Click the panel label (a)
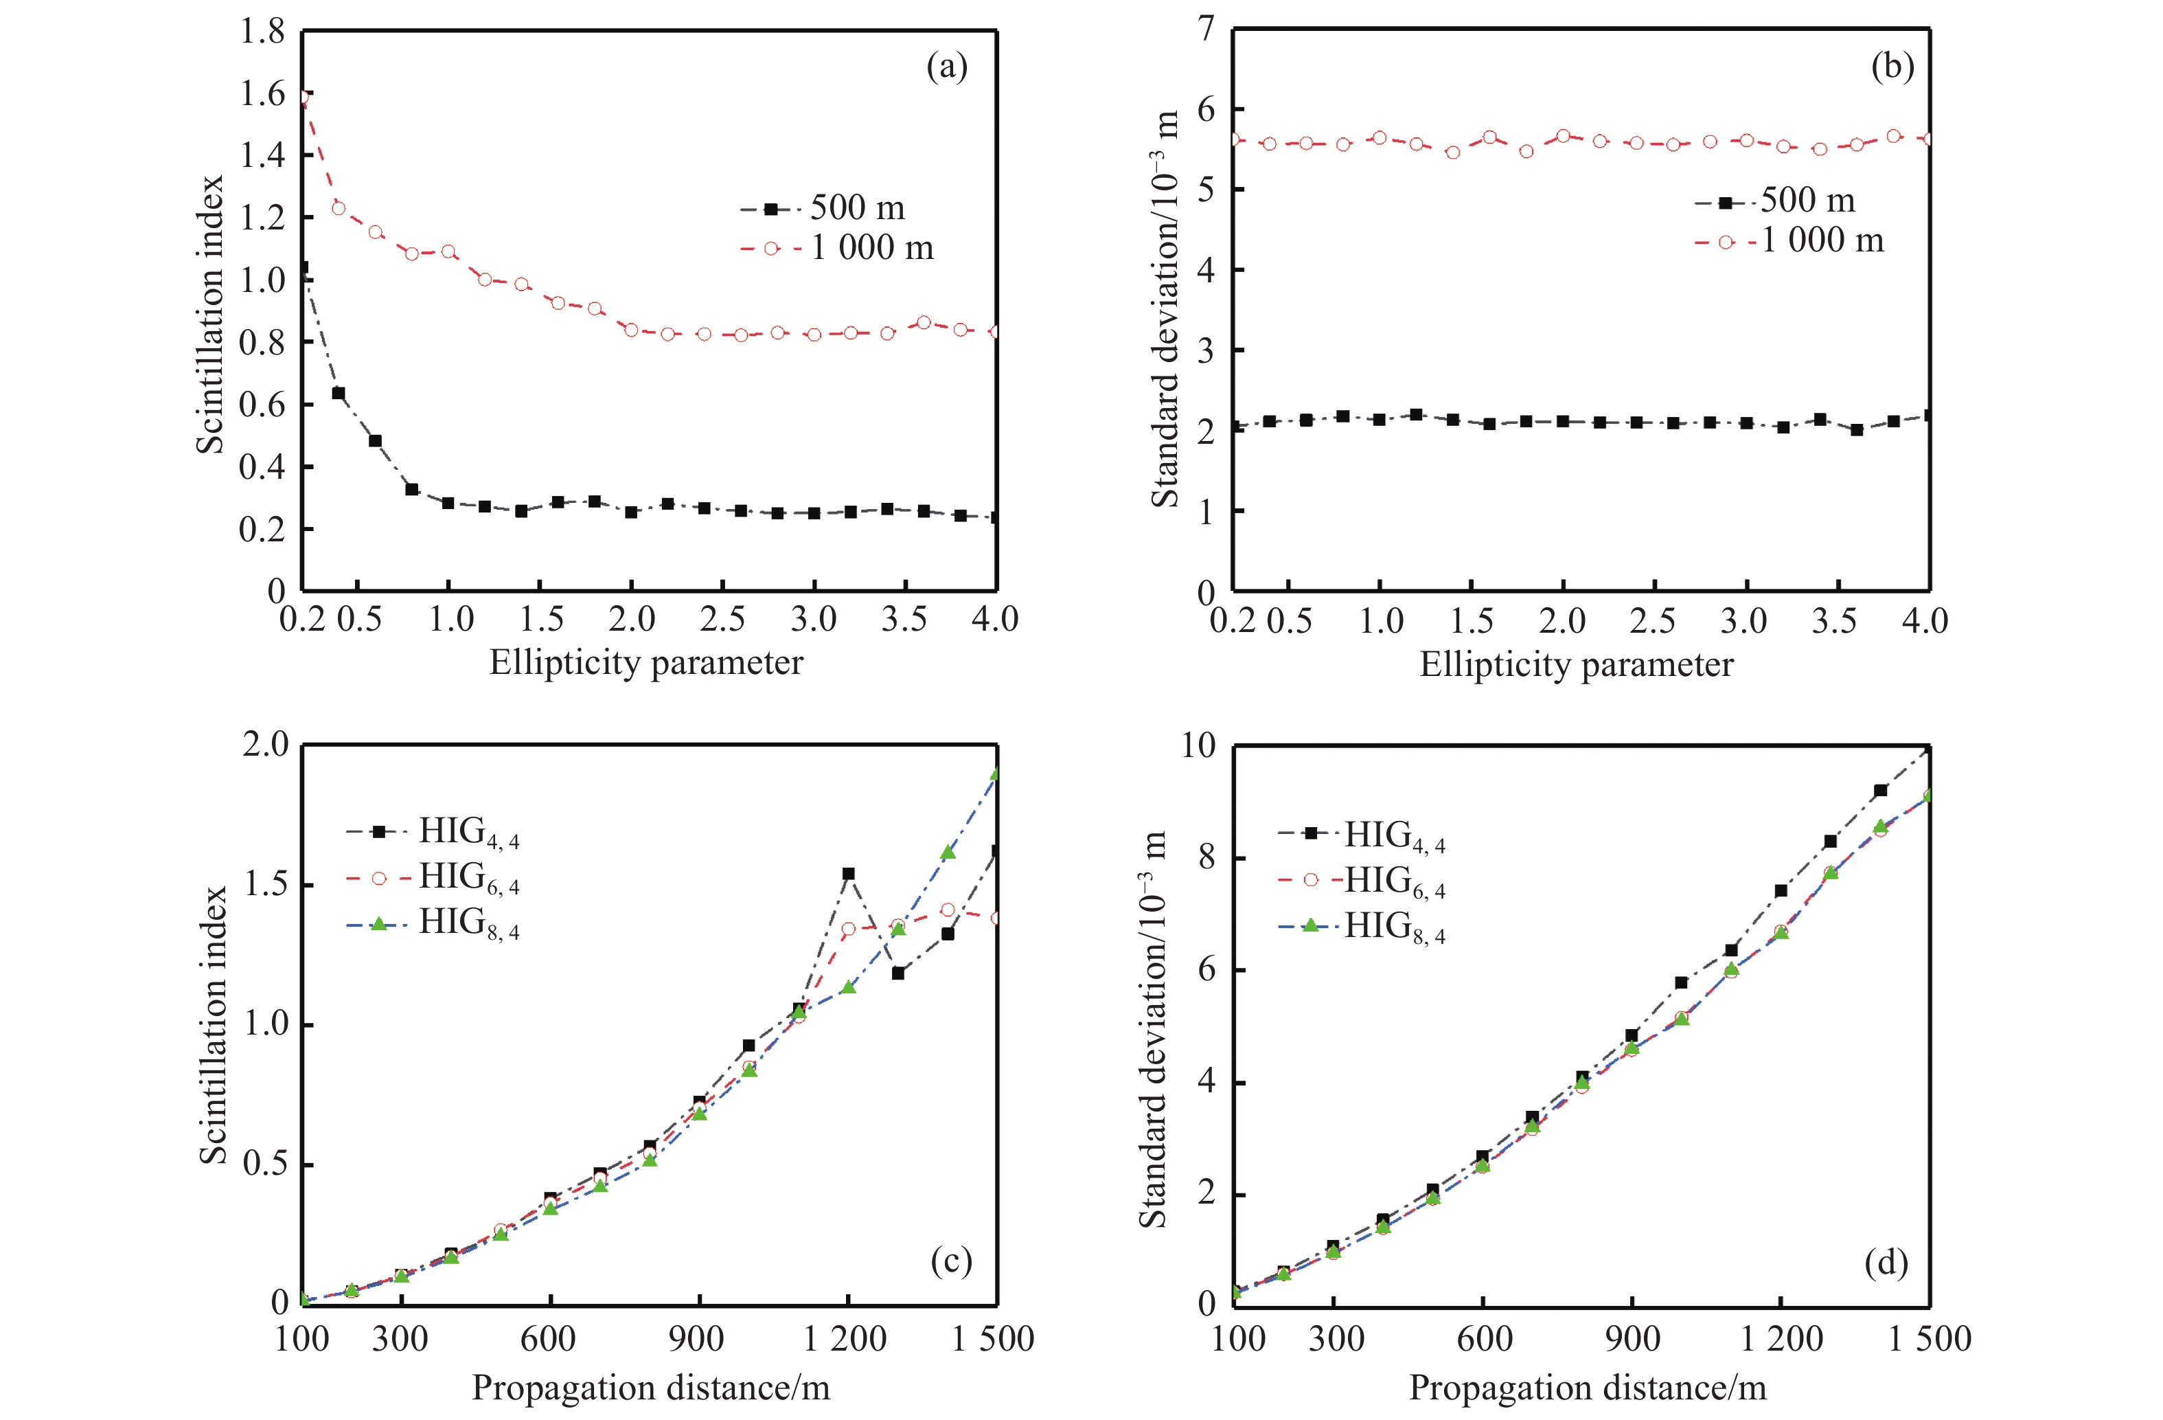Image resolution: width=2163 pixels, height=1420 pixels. click(x=946, y=67)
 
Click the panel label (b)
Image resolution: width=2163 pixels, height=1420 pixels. click(x=1892, y=67)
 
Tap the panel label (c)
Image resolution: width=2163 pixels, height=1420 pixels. click(x=950, y=1261)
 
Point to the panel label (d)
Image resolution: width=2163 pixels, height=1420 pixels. click(x=1885, y=1263)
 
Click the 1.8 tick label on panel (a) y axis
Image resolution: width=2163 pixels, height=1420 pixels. click(x=262, y=33)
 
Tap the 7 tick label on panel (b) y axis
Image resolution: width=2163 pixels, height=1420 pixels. click(x=1205, y=30)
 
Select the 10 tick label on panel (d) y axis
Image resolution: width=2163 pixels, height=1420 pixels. click(x=1198, y=745)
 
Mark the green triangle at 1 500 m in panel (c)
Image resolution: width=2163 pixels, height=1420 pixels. click(x=996, y=774)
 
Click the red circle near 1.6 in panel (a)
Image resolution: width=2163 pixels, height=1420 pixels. click(x=304, y=95)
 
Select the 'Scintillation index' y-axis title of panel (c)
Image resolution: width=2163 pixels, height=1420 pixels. click(x=213, y=1024)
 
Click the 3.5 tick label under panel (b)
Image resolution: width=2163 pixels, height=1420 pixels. click(x=1833, y=621)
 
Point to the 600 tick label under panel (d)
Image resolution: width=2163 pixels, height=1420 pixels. click(x=1484, y=1339)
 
